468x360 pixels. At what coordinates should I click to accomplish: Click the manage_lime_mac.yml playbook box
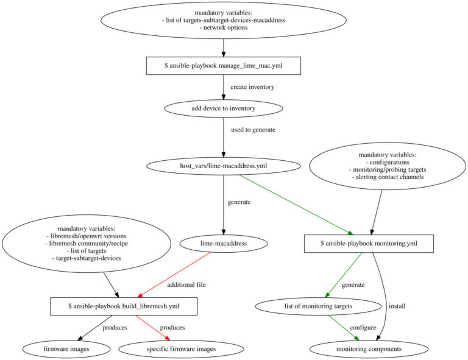tap(224, 66)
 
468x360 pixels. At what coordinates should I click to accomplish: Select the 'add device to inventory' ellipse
tap(224, 108)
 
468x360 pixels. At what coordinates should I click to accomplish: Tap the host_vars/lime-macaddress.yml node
tap(224, 166)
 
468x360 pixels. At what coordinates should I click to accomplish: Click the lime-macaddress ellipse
tap(224, 244)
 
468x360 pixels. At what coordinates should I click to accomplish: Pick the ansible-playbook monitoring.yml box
tap(369, 244)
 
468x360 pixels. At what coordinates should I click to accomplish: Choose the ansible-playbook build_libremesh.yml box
tap(124, 306)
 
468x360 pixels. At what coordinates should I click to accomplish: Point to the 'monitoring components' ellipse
tap(365, 349)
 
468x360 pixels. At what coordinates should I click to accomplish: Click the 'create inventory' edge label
tap(252, 87)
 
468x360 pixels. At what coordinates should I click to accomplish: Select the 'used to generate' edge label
tap(253, 130)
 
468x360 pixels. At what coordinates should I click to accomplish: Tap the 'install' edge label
tap(397, 306)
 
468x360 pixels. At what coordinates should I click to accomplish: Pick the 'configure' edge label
tap(363, 328)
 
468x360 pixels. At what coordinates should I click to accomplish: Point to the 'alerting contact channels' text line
tap(387, 177)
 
